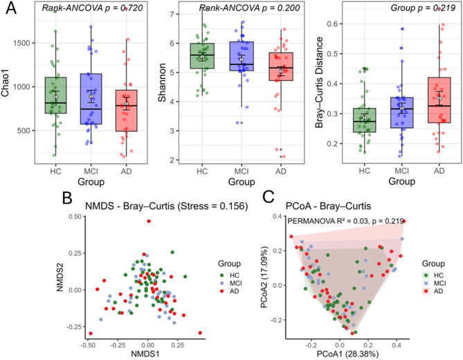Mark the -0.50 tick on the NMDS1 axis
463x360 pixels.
[x=89, y=343]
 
